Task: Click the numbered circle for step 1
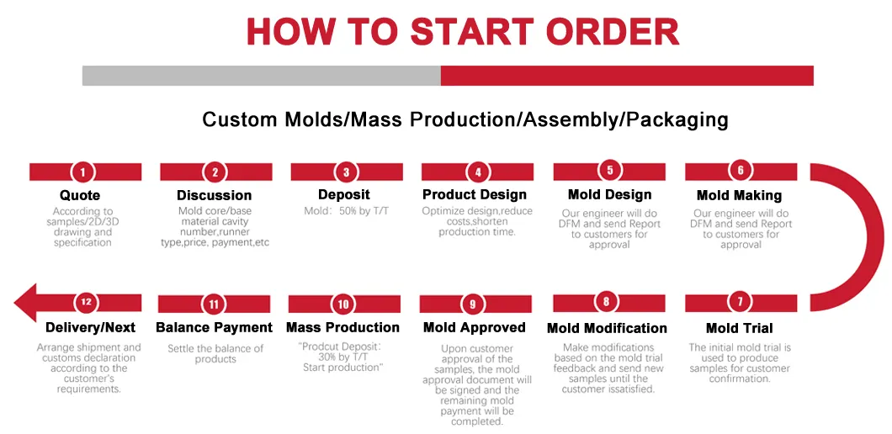(x=82, y=172)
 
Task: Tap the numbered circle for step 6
(x=741, y=171)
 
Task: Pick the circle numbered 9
(x=473, y=304)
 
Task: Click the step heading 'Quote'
(x=80, y=195)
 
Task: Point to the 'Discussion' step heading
(x=215, y=195)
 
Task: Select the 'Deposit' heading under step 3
(x=344, y=194)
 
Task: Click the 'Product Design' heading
(x=475, y=194)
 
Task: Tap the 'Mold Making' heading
(x=739, y=195)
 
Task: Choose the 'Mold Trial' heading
(x=739, y=328)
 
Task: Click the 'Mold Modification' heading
(x=607, y=328)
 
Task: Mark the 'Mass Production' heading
(x=342, y=327)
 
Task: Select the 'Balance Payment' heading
(x=214, y=327)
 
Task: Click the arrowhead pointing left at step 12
(x=27, y=303)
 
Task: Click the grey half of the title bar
(x=261, y=75)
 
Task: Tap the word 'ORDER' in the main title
(x=612, y=32)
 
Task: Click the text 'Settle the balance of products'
(x=215, y=353)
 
